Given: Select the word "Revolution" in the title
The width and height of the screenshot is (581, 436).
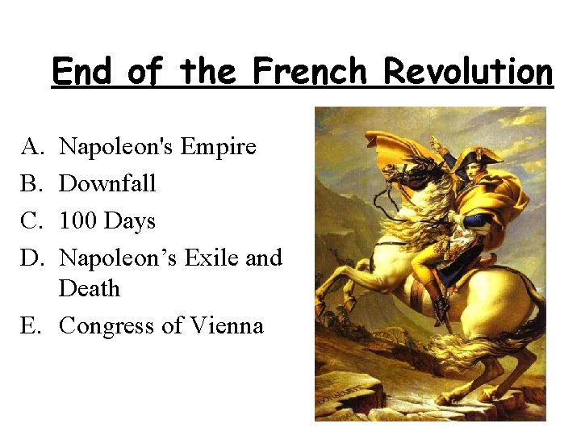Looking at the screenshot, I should pyautogui.click(x=468, y=71).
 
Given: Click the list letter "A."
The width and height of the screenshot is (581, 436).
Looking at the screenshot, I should pyautogui.click(x=31, y=147).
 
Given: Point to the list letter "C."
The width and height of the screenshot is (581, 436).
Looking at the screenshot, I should pyautogui.click(x=31, y=221).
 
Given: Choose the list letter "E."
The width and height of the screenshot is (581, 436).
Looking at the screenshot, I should pyautogui.click(x=31, y=326).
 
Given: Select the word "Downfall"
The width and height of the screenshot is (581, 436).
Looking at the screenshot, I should pyautogui.click(x=107, y=184).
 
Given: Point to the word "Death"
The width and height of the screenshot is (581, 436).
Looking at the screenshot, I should pyautogui.click(x=90, y=288).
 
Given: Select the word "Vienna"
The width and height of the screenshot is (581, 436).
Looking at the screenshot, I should pyautogui.click(x=227, y=326).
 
